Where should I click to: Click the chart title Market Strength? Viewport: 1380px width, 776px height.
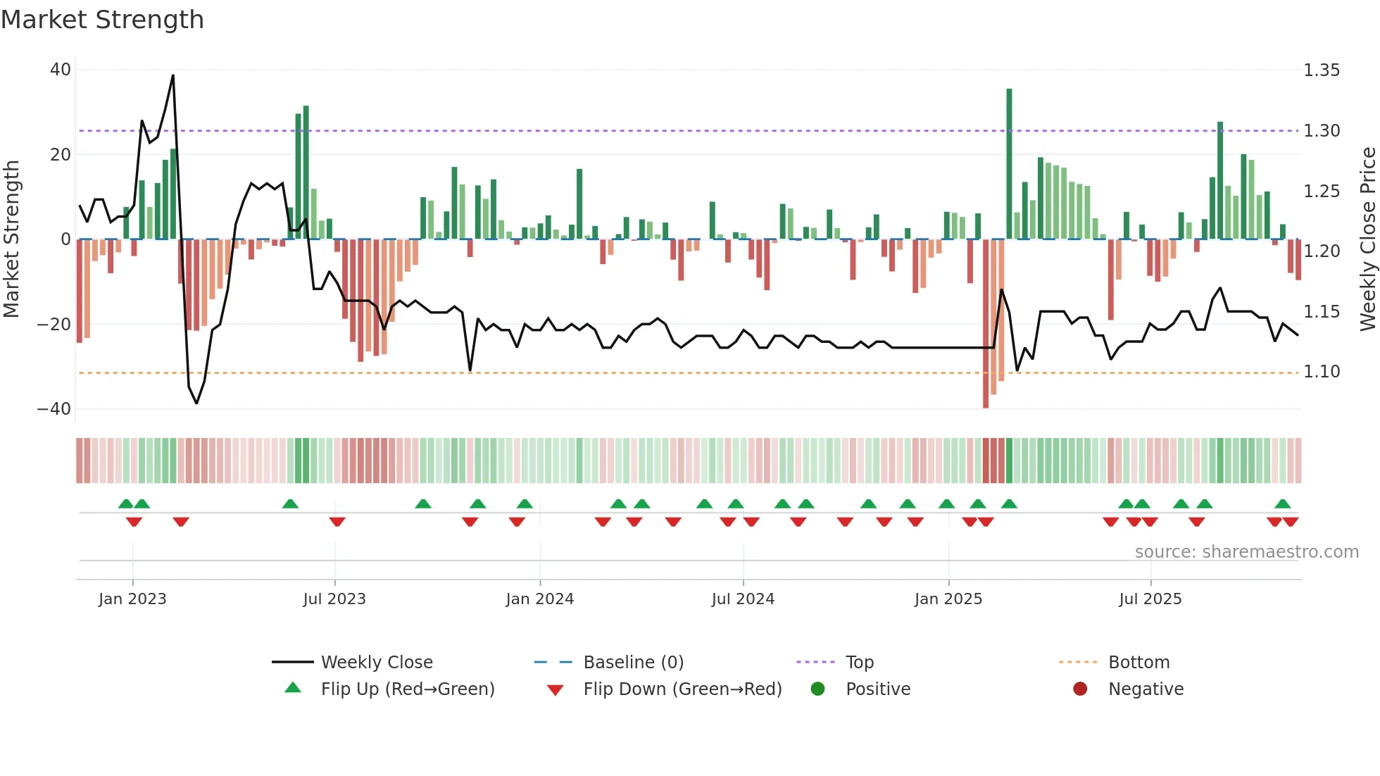click(102, 20)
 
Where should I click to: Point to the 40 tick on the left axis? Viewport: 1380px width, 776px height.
click(61, 70)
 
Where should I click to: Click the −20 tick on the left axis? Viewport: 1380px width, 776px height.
click(54, 325)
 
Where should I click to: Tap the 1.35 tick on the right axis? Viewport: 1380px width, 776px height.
click(1322, 70)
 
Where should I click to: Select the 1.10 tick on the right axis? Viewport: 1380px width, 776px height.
click(1322, 372)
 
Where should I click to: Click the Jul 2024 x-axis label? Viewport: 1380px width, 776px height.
click(743, 599)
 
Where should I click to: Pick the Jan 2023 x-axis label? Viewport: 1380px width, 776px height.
click(132, 599)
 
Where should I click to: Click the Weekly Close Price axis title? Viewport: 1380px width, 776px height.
click(1367, 239)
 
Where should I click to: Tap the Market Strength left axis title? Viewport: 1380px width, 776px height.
click(12, 239)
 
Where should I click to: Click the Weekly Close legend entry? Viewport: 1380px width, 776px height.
click(377, 663)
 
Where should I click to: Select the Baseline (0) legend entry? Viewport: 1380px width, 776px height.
click(634, 663)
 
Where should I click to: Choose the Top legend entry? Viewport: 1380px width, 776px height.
click(860, 663)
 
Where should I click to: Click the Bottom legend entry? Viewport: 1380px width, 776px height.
click(1138, 663)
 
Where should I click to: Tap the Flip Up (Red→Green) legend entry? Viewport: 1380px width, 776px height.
click(408, 689)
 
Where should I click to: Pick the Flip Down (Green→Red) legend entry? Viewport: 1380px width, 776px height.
click(682, 689)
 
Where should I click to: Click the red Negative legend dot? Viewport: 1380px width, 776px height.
click(1080, 689)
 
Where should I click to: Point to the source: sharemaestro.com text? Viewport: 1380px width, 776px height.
click(1246, 552)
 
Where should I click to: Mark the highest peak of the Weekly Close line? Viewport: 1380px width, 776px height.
click(173, 75)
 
